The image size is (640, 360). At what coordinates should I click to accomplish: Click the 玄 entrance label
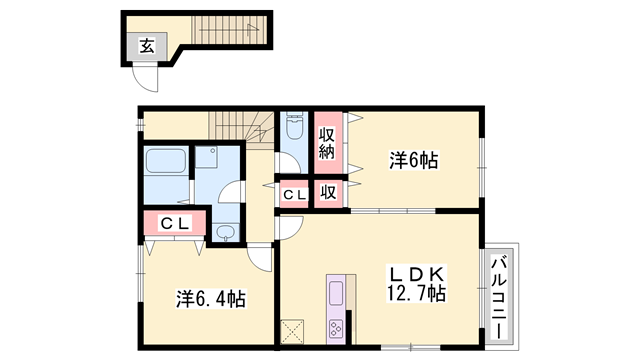click(146, 45)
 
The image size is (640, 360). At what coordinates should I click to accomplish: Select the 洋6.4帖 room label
click(212, 298)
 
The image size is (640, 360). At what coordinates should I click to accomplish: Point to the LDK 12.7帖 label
click(417, 283)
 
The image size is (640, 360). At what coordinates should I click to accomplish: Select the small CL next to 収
click(294, 195)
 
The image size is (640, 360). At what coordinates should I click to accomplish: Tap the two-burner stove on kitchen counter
click(335, 327)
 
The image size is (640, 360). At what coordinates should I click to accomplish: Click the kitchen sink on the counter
click(336, 294)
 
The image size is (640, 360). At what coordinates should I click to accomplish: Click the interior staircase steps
click(240, 126)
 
